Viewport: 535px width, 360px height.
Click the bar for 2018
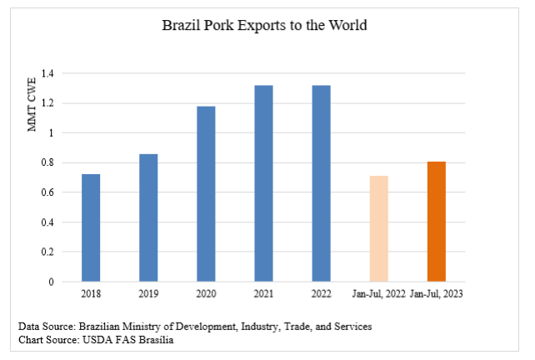pos(91,227)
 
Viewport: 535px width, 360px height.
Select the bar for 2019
pos(148,217)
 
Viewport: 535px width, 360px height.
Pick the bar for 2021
pos(263,183)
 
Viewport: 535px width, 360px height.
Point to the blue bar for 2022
pos(321,183)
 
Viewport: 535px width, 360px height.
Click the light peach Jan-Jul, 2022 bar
pos(378,228)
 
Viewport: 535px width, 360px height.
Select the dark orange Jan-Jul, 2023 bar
pos(436,221)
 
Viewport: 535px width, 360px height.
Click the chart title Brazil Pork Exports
pos(264,26)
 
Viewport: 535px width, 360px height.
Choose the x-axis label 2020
pos(206,293)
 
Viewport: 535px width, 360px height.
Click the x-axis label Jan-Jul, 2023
pos(436,293)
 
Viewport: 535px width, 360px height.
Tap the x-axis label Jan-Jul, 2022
pos(378,293)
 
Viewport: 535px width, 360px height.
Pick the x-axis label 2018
pos(91,293)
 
